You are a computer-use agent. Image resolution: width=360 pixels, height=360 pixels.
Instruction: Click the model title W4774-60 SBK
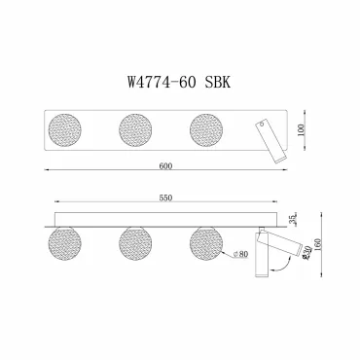pos(179,82)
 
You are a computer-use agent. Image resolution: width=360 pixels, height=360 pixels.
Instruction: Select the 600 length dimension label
pos(165,165)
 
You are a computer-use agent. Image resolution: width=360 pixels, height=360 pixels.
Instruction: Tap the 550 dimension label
pos(165,198)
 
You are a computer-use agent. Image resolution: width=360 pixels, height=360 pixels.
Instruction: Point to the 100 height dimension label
pos(301,130)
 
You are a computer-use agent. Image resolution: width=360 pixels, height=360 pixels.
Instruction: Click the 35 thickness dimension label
pos(294,219)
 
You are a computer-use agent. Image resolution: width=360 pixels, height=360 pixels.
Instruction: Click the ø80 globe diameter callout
pos(240,254)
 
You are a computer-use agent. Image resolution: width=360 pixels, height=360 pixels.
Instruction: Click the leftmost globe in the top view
pos(64,130)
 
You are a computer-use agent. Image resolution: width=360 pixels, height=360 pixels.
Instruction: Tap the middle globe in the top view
pos(135,130)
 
